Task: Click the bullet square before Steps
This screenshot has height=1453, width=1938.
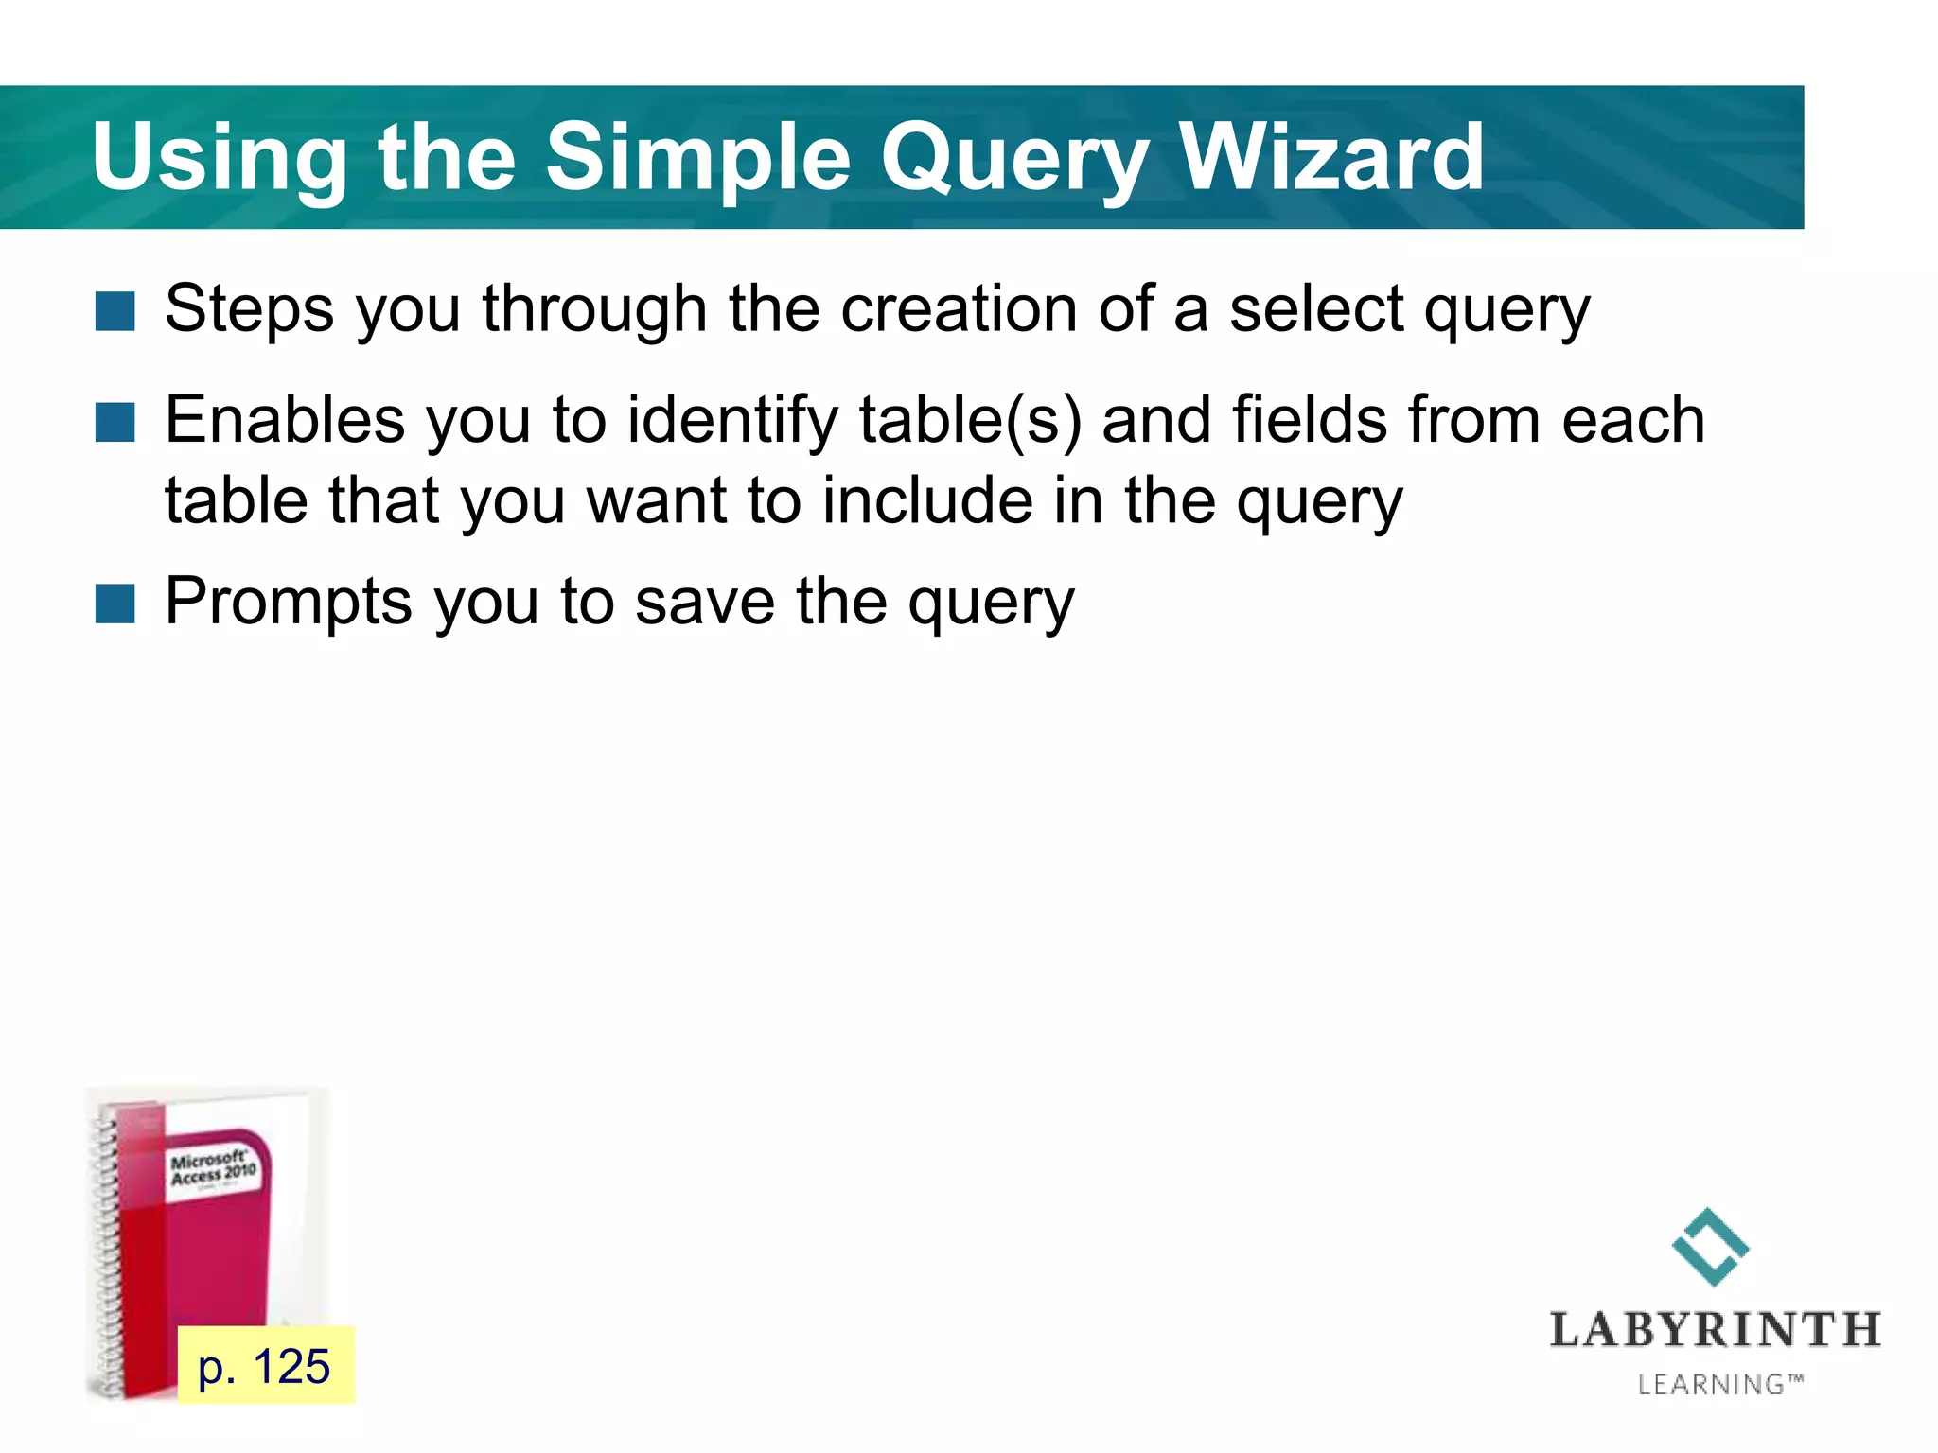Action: click(115, 311)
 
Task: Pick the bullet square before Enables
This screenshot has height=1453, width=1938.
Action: click(115, 422)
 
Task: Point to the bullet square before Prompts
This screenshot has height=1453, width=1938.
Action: click(115, 604)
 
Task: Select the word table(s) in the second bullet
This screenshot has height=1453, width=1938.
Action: click(970, 420)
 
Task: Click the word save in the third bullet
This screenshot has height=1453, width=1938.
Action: click(705, 602)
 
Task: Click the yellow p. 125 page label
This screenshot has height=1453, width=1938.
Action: click(265, 1366)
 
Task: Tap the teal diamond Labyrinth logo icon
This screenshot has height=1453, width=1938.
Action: click(1710, 1247)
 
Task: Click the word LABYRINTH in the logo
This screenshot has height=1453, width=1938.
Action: click(1714, 1330)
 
